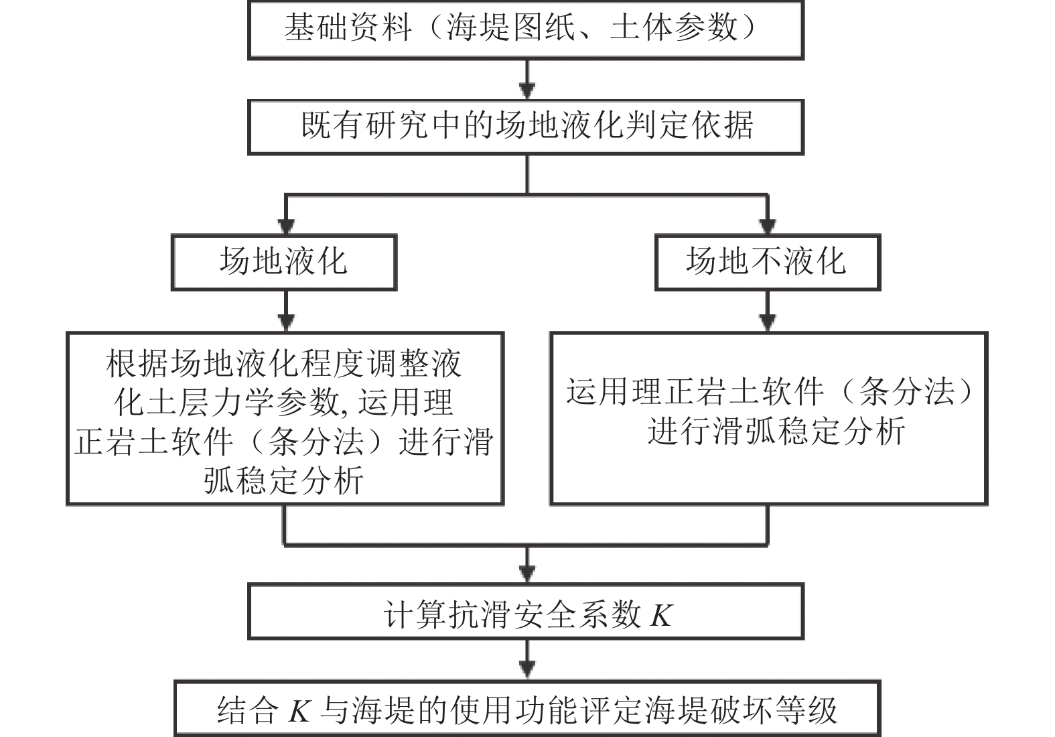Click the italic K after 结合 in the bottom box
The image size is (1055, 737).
click(299, 711)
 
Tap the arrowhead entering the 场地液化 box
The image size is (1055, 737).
click(287, 226)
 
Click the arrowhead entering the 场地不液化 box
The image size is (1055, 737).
click(768, 226)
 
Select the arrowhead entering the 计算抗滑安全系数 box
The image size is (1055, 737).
click(526, 576)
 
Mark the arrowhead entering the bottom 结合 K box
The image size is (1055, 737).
click(526, 671)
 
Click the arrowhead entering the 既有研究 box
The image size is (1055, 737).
click(526, 91)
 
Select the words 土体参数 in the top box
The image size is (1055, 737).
click(673, 27)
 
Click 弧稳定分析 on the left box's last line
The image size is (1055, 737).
click(283, 480)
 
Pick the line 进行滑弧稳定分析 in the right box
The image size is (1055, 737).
click(776, 431)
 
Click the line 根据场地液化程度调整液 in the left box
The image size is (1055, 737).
click(283, 364)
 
